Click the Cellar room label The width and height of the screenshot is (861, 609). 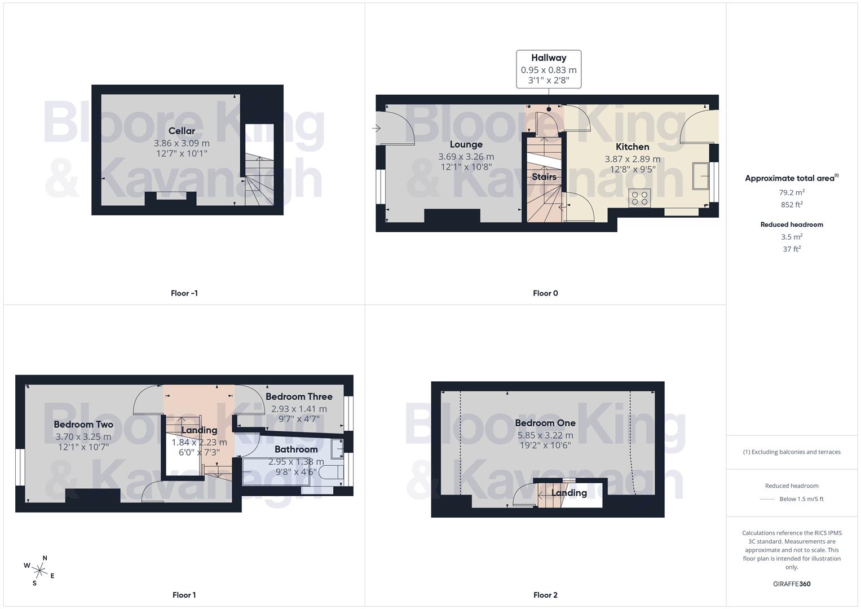coord(182,131)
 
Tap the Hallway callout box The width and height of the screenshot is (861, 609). coord(549,69)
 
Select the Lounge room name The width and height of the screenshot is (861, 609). coord(466,144)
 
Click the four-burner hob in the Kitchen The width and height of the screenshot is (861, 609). coord(639,198)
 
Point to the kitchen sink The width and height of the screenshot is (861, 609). coord(701,176)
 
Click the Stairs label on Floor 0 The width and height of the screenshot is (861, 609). coord(544,176)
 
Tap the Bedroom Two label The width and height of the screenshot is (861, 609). coord(83,425)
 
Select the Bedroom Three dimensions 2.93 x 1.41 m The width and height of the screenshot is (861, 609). coord(299,409)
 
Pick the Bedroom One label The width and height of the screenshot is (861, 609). coord(545,423)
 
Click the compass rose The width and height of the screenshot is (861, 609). coord(39,570)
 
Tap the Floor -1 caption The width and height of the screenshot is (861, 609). coord(184,293)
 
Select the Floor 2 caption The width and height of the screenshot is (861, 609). coord(545,595)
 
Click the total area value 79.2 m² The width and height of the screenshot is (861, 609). coord(792,192)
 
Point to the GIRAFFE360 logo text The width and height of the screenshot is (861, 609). coord(792,584)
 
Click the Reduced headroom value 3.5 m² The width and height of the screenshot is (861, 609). coord(792,237)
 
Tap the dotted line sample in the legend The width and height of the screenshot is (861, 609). coord(767,499)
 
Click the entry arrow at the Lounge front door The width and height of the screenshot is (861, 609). coord(377,129)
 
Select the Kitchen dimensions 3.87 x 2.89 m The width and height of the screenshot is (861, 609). coord(632,159)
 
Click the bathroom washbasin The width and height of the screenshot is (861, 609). coord(337,448)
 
